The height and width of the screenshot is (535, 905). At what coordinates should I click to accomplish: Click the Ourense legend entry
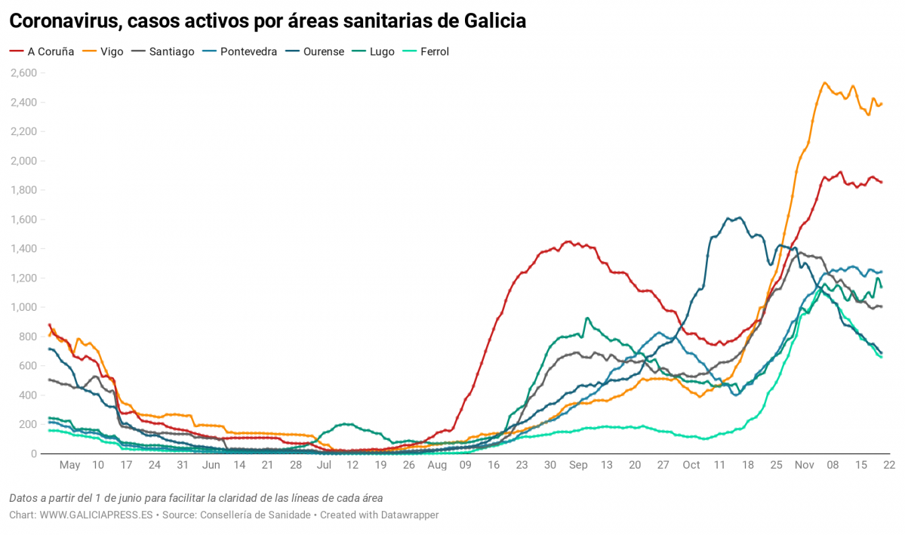pyautogui.click(x=323, y=52)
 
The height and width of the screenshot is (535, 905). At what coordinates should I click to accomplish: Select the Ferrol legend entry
pyautogui.click(x=435, y=52)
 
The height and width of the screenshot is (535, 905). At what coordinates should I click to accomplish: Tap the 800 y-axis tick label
pyautogui.click(x=28, y=337)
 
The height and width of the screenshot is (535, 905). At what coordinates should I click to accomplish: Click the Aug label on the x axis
pyautogui.click(x=437, y=466)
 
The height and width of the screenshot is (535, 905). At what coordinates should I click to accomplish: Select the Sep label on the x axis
pyautogui.click(x=579, y=466)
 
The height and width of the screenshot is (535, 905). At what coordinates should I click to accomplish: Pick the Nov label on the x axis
pyautogui.click(x=804, y=466)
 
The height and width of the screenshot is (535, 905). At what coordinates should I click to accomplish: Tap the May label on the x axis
pyautogui.click(x=69, y=466)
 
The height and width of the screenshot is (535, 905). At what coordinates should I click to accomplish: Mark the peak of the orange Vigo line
pyautogui.click(x=824, y=83)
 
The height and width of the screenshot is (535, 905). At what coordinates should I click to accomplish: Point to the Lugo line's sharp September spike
pyautogui.click(x=587, y=318)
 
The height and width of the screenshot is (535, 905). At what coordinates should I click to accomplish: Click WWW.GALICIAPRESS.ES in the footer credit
pyautogui.click(x=96, y=515)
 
